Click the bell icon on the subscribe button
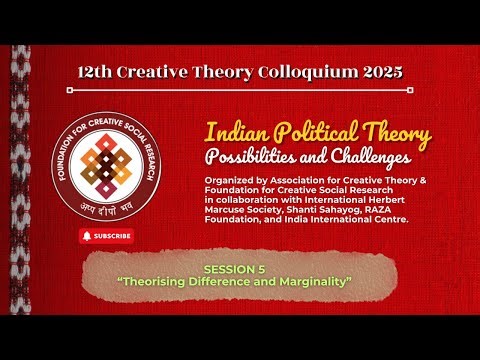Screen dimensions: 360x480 [88, 236]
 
